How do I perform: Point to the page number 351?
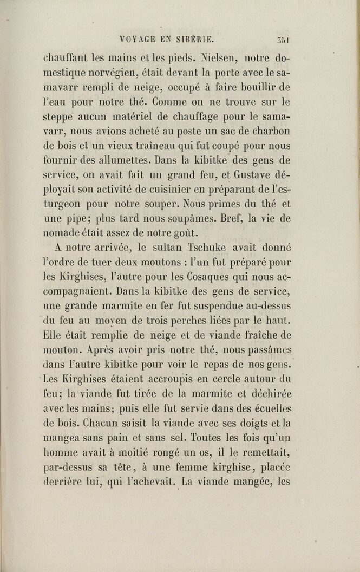point(282,40)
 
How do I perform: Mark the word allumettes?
point(120,161)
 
